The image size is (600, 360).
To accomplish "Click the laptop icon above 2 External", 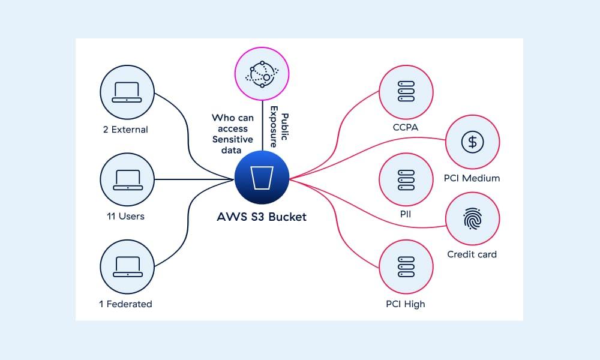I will (128, 91).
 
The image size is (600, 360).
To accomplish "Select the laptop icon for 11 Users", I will (128, 179).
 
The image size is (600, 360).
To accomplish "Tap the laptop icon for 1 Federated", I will (128, 266).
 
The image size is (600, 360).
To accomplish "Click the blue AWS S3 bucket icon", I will (262, 178).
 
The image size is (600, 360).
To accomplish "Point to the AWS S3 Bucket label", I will (262, 217).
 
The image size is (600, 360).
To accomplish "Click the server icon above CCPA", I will (406, 92).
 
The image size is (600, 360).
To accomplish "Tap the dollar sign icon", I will (473, 142).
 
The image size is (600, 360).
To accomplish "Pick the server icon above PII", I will (406, 179).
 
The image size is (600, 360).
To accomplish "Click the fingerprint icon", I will (473, 219).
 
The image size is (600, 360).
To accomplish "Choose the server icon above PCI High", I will (406, 266).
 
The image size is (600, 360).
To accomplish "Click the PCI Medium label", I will (472, 178).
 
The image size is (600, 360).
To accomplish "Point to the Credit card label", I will (472, 254).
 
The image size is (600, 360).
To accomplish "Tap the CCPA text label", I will (406, 128).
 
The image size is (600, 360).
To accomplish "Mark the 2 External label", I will (125, 129).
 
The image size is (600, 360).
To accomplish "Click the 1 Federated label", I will (125, 304).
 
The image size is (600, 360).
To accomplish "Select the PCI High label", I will (406, 304).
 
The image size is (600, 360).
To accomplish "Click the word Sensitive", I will (233, 139).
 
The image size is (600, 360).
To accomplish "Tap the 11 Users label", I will (125, 216).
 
